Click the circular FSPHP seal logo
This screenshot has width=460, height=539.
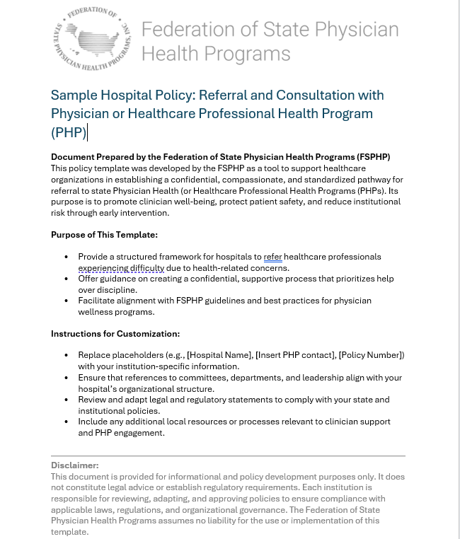[93, 39]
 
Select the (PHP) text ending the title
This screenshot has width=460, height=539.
[68, 132]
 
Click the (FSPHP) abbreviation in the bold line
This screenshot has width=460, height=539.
[367, 156]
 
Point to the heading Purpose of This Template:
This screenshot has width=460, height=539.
[104, 234]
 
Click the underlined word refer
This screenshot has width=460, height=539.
[272, 257]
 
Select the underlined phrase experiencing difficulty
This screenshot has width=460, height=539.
[121, 268]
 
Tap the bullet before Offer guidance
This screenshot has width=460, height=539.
[67, 279]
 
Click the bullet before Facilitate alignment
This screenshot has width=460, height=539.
[67, 301]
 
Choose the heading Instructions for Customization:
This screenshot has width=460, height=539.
[115, 334]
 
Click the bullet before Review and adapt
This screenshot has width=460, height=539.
[67, 400]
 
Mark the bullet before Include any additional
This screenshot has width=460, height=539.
[67, 422]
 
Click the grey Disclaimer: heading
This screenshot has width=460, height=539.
[75, 465]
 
